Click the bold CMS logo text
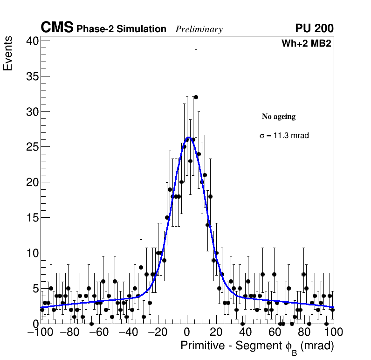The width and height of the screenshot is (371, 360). pyautogui.click(x=57, y=28)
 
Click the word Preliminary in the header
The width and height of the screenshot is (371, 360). pyautogui.click(x=199, y=29)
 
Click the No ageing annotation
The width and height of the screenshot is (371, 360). pyautogui.click(x=279, y=117)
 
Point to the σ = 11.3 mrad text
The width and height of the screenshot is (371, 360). pyautogui.click(x=284, y=136)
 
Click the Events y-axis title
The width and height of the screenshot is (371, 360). pyautogui.click(x=8, y=55)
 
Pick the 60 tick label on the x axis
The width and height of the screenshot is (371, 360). pyautogui.click(x=275, y=332)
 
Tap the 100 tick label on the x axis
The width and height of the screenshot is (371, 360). pyautogui.click(x=333, y=332)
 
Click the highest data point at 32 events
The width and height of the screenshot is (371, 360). pyautogui.click(x=196, y=97)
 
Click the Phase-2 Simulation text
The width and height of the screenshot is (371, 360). pyautogui.click(x=121, y=29)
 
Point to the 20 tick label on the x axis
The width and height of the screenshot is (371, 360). pyautogui.click(x=216, y=332)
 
